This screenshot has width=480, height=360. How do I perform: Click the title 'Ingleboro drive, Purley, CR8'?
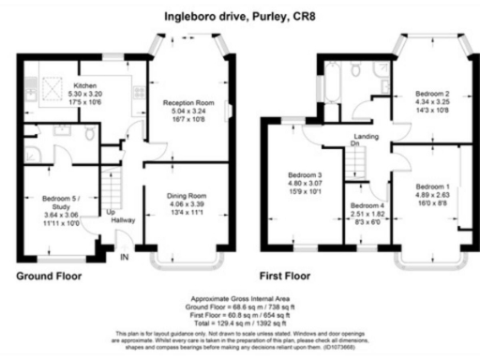pyautogui.click(x=240, y=16)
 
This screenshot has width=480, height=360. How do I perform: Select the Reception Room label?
pyautogui.click(x=188, y=101)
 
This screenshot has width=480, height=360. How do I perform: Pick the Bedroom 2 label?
pyautogui.click(x=433, y=94)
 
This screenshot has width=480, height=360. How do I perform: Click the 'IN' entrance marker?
pyautogui.click(x=125, y=260)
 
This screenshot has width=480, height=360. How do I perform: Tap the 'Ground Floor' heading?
pyautogui.click(x=49, y=277)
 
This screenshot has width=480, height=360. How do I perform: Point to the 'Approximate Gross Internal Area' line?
pyautogui.click(x=239, y=299)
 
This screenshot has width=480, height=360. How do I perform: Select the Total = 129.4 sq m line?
pyautogui.click(x=239, y=322)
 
